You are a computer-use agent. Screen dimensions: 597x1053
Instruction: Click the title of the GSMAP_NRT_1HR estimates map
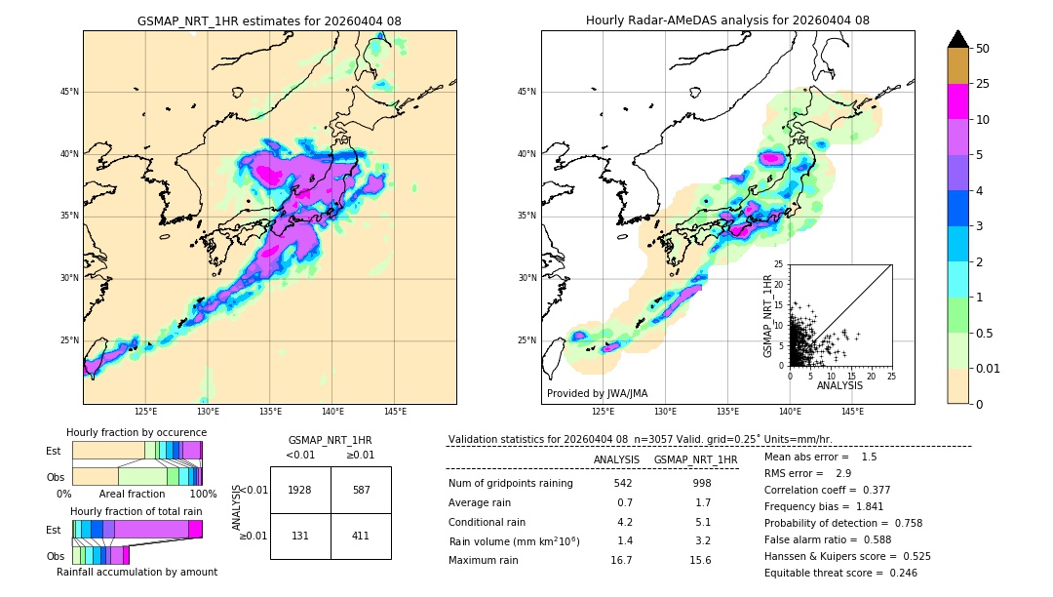(x=269, y=20)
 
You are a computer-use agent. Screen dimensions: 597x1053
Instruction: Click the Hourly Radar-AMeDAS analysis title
(x=727, y=20)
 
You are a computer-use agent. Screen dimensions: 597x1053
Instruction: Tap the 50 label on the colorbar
(x=983, y=49)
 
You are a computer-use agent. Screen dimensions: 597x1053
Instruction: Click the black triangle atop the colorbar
(x=958, y=39)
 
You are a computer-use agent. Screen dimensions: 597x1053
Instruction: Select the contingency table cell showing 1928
(x=300, y=491)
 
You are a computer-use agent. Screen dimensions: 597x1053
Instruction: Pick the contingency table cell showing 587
(x=361, y=491)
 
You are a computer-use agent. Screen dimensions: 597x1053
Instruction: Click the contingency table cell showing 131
(x=300, y=536)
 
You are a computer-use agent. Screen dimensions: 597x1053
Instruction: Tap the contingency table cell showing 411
(x=361, y=536)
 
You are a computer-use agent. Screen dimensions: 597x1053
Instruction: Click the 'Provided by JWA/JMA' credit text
(x=597, y=393)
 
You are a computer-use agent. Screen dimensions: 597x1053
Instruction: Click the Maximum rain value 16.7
(x=623, y=560)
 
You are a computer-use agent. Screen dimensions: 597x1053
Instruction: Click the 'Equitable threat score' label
(x=818, y=573)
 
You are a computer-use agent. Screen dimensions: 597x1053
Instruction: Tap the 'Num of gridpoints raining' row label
(x=511, y=483)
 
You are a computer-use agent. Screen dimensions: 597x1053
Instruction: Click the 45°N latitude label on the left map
(x=68, y=92)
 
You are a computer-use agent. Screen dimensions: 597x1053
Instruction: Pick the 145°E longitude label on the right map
(x=852, y=412)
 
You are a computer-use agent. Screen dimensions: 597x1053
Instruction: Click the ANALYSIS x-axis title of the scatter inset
(x=839, y=385)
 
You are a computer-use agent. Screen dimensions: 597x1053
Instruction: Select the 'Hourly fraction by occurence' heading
(x=136, y=432)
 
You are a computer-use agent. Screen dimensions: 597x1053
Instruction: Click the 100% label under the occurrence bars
(x=203, y=494)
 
